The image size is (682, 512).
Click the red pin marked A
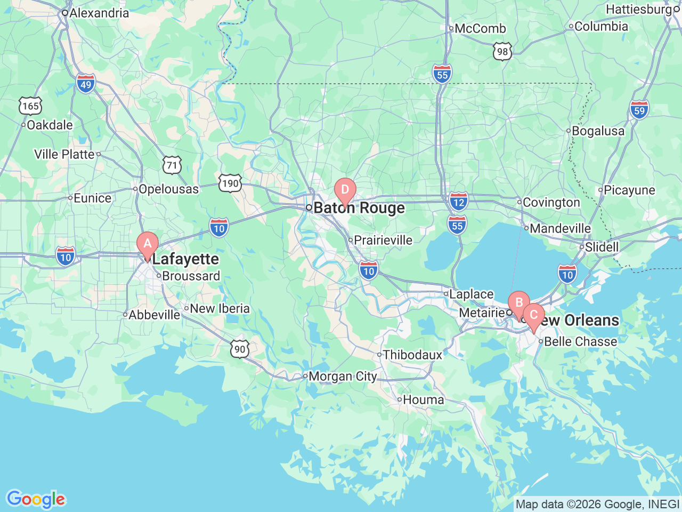pyautogui.click(x=148, y=245)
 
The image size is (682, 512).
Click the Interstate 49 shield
pyautogui.click(x=86, y=84)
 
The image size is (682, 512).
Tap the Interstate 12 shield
pyautogui.click(x=458, y=202)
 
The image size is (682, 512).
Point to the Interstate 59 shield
pyautogui.click(x=639, y=110)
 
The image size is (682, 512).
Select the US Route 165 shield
pyautogui.click(x=30, y=106)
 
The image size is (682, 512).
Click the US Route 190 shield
pyautogui.click(x=230, y=183)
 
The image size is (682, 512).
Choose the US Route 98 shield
pyautogui.click(x=502, y=51)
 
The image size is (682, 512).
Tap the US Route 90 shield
pyautogui.click(x=240, y=349)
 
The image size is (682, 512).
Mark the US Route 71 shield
pyautogui.click(x=172, y=165)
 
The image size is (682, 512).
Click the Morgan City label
pyautogui.click(x=343, y=377)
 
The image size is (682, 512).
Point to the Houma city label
pyautogui.click(x=423, y=399)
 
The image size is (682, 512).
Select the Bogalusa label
pyautogui.click(x=598, y=131)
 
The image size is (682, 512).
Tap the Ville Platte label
pyautogui.click(x=64, y=154)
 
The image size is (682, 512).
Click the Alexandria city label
pyautogui.click(x=99, y=13)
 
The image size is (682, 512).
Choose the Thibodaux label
pyautogui.click(x=412, y=355)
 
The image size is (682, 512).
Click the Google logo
pyautogui.click(x=36, y=499)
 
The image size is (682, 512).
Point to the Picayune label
pyautogui.click(x=629, y=190)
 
